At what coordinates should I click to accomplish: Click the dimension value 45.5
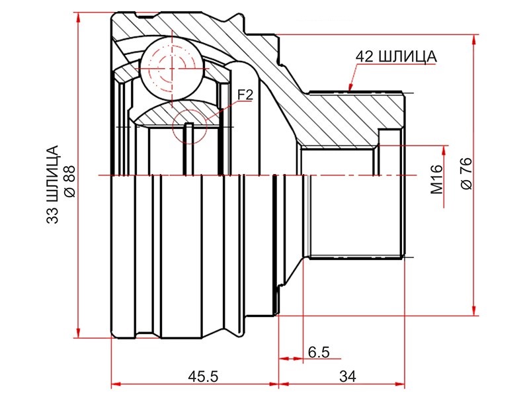203,376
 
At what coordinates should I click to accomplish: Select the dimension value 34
348,376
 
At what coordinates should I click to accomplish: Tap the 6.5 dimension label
319,352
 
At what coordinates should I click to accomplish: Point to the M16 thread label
437,179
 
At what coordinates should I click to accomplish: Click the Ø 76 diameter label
467,173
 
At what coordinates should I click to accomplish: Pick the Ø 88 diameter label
70,181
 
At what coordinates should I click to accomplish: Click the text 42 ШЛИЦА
396,57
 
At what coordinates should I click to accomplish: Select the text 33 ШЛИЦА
53,185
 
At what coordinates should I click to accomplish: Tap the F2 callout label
245,95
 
